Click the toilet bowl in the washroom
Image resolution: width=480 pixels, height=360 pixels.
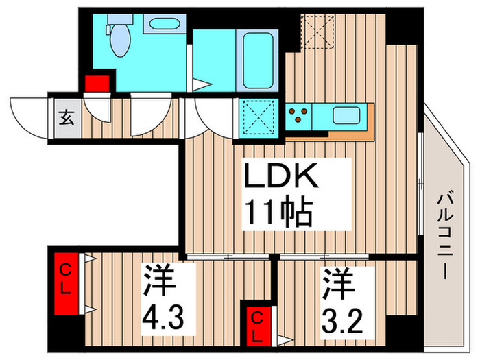118,36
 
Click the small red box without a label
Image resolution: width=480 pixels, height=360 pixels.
97,84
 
